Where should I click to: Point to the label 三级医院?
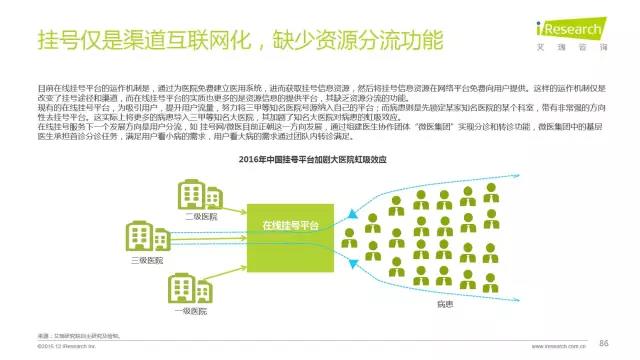coord(147,259)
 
